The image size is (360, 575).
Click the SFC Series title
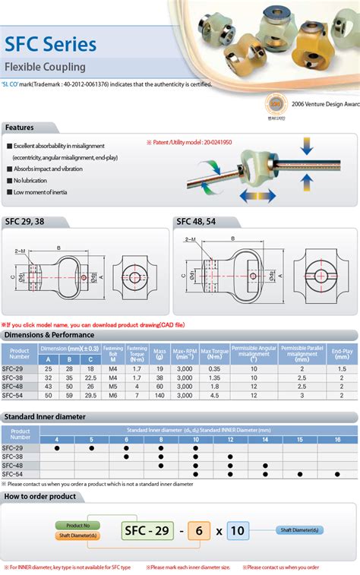pyautogui.click(x=50, y=44)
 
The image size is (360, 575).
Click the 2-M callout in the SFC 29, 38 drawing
pyautogui.click(x=21, y=250)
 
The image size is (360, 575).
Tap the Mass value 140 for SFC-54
pyautogui.click(x=159, y=396)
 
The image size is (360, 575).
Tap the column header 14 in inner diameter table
pyautogui.click(x=265, y=440)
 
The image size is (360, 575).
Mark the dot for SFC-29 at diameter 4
pyautogui.click(x=55, y=448)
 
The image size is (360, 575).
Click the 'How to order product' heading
pyautogui.click(x=40, y=496)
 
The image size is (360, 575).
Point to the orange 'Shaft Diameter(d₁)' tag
pyautogui.click(x=77, y=536)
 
